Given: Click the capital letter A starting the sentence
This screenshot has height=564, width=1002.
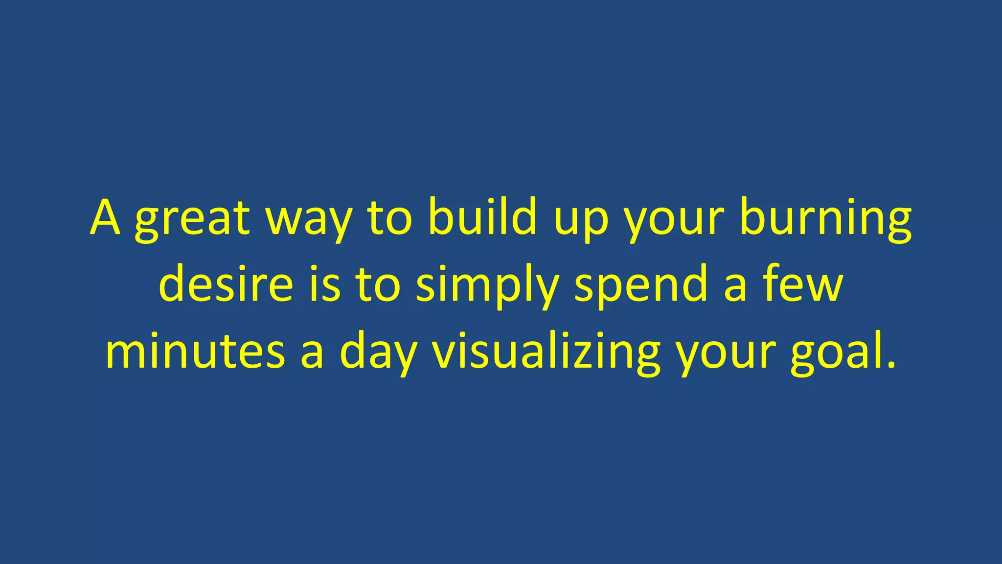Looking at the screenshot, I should click(x=105, y=218).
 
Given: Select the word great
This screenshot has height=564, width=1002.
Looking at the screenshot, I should click(x=192, y=220).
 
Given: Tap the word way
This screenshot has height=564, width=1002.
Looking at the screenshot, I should click(x=309, y=220).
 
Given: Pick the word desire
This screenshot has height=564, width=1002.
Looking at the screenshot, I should click(x=226, y=284).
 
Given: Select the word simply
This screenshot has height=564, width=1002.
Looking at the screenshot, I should click(x=487, y=286).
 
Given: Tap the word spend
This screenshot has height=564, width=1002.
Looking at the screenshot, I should click(x=641, y=286).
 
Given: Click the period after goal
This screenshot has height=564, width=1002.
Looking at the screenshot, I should click(x=891, y=365).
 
